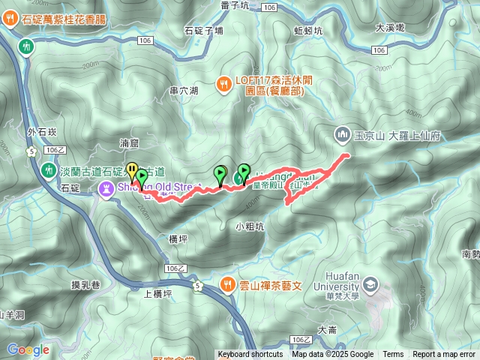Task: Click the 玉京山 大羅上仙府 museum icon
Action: pyautogui.click(x=341, y=134)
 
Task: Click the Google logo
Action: pyautogui.click(x=28, y=349)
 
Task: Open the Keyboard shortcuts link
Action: pyautogui.click(x=250, y=355)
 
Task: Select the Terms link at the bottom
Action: pyautogui.click(x=393, y=355)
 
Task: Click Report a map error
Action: pyautogui.click(x=443, y=355)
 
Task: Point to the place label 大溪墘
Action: pyautogui.click(x=389, y=27)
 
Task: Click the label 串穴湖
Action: pyautogui.click(x=184, y=91)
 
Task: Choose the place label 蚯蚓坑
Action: pyautogui.click(x=307, y=31)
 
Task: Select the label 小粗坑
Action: pyautogui.click(x=249, y=226)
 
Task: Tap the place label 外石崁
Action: pyautogui.click(x=42, y=133)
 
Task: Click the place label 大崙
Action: pyautogui.click(x=328, y=329)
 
